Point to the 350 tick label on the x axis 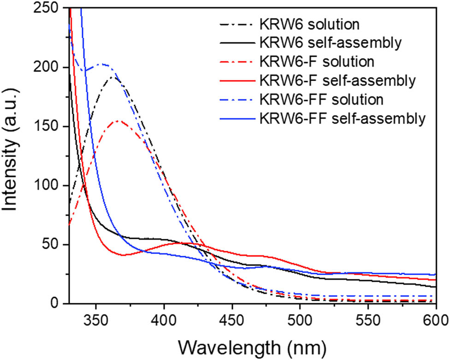[x=95, y=319]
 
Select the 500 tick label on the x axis [x=300, y=319]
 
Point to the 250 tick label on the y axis [x=49, y=9]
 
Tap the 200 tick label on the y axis [x=49, y=68]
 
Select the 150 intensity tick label [x=49, y=127]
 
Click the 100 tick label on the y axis [x=49, y=186]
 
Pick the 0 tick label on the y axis [x=58, y=304]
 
